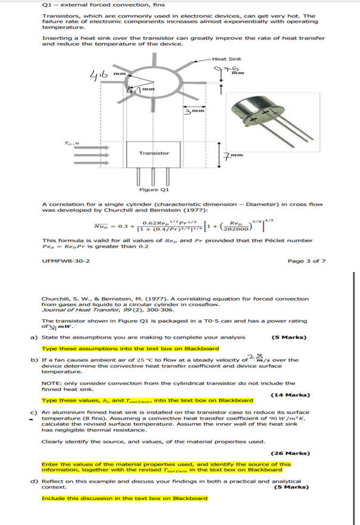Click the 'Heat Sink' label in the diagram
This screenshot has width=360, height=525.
click(x=227, y=60)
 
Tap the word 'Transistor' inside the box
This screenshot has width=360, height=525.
click(x=154, y=153)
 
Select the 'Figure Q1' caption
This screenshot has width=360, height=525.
click(x=154, y=190)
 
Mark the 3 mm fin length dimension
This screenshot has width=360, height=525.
click(x=195, y=111)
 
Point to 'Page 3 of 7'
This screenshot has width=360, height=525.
click(x=306, y=261)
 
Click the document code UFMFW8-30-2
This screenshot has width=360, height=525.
click(x=61, y=261)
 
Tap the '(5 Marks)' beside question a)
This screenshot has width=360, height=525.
click(x=289, y=337)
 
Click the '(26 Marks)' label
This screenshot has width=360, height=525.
click(x=289, y=453)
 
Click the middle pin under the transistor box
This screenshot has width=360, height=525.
click(x=154, y=177)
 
